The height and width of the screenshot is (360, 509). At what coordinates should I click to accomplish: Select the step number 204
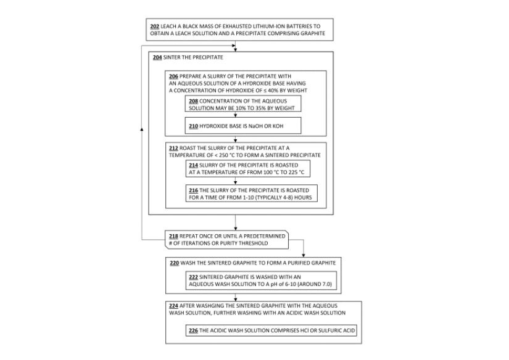point(157,57)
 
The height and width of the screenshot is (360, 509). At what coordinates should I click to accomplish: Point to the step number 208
point(194,99)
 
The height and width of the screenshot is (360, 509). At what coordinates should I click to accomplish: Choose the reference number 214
point(194,165)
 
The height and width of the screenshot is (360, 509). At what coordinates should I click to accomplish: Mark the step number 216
point(194,190)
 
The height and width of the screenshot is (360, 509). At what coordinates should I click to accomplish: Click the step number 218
point(173,236)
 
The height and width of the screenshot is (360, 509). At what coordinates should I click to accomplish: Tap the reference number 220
point(174,263)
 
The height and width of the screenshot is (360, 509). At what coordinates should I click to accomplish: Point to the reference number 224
point(173,305)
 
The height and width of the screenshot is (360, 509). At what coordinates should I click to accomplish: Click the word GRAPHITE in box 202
point(308,33)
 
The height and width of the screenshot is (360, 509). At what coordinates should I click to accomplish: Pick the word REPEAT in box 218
point(191,236)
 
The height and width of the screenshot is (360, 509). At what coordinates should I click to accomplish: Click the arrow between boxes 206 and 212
point(236,139)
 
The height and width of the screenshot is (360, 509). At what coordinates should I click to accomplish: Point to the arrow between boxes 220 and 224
point(236,297)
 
